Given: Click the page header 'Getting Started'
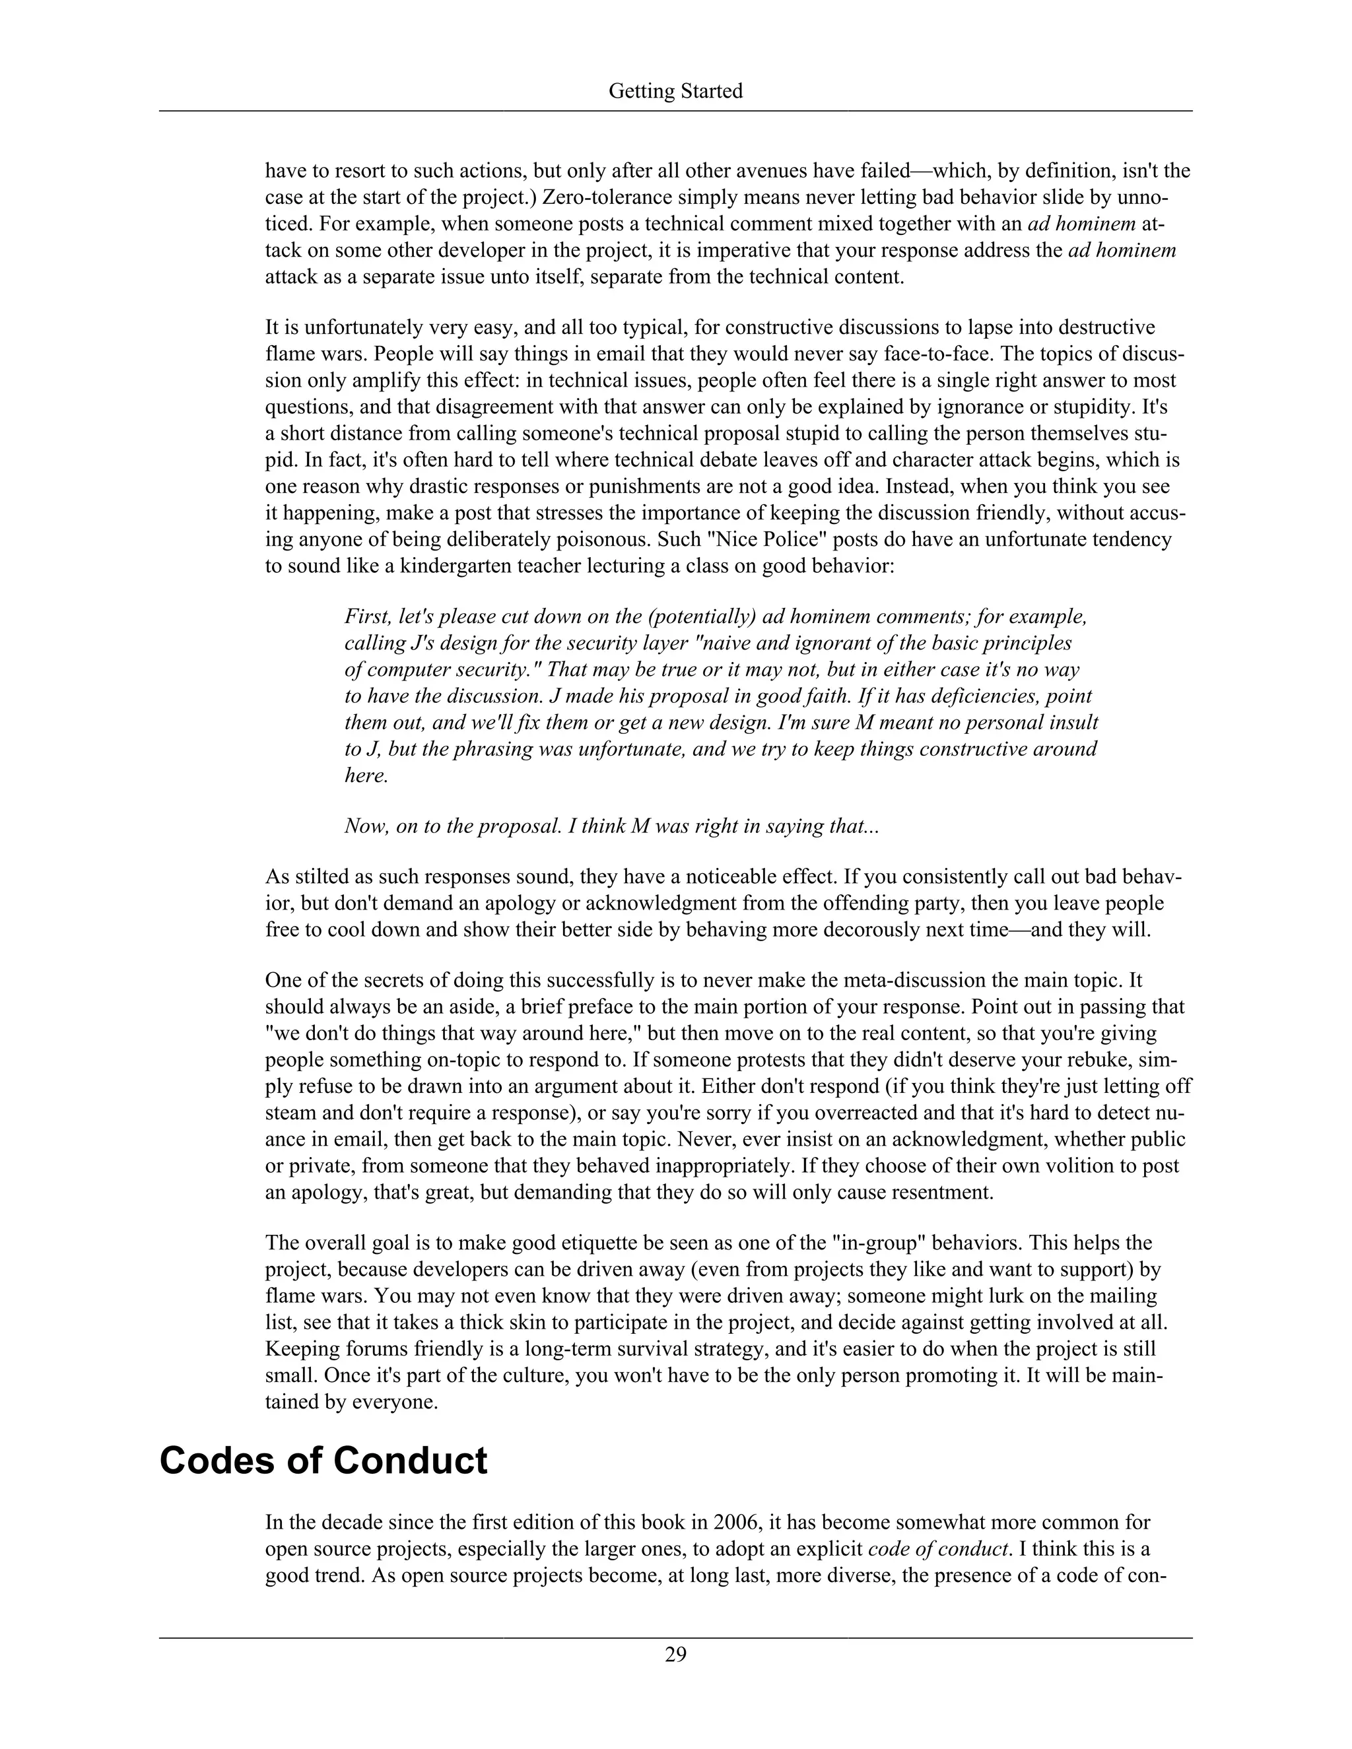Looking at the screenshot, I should click(675, 91).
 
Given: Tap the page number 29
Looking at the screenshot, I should click(675, 1654).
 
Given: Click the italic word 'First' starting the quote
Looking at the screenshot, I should click(365, 616).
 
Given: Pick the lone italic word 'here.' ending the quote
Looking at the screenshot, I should click(366, 775).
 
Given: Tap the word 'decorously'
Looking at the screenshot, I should click(813, 930).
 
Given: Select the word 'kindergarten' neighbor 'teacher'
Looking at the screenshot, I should click(556, 566).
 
